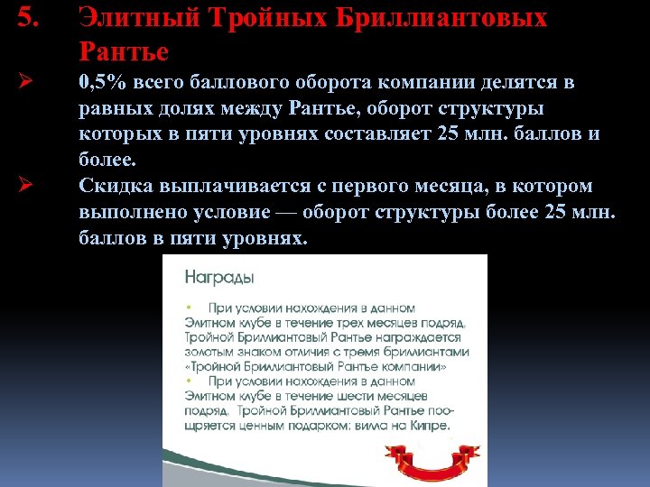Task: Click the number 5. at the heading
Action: point(27,17)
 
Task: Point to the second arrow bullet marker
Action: point(25,187)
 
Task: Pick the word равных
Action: point(113,109)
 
